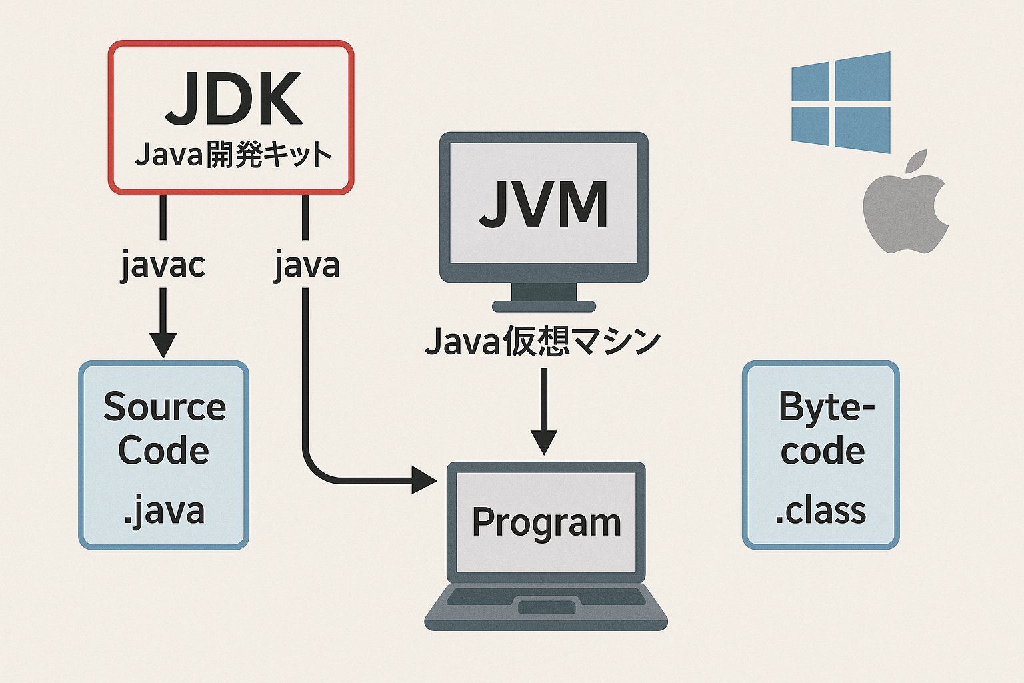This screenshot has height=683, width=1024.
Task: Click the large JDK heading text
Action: click(233, 100)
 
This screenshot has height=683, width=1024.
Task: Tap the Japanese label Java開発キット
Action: click(233, 155)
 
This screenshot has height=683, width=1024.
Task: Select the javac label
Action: click(163, 265)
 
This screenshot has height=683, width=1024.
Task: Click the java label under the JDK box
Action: click(307, 265)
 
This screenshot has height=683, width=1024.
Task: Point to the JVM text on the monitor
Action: click(543, 204)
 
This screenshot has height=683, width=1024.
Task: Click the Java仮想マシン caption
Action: click(543, 341)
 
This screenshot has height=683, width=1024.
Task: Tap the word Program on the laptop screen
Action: click(546, 522)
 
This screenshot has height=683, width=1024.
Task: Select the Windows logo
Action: click(841, 102)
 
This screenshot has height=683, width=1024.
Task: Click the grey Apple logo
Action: click(905, 203)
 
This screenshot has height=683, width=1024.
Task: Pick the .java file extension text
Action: click(164, 511)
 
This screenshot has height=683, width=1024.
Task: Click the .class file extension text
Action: click(820, 511)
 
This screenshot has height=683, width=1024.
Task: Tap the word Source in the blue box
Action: click(165, 406)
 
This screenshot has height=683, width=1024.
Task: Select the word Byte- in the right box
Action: click(826, 406)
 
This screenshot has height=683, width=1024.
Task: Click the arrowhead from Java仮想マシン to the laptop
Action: click(544, 442)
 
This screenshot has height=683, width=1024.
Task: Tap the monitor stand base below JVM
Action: click(543, 306)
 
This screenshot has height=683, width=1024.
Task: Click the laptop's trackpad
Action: click(547, 607)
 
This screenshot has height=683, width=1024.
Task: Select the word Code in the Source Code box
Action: click(163, 451)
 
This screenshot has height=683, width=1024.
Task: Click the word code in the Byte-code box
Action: click(823, 451)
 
